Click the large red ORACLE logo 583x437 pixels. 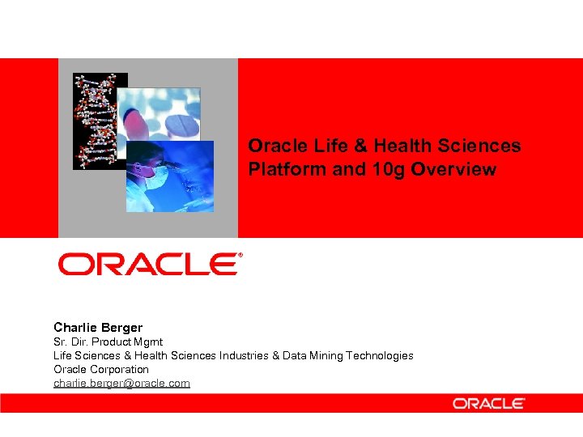(x=147, y=264)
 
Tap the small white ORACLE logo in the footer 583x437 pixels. (x=488, y=403)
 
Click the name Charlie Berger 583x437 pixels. (x=98, y=328)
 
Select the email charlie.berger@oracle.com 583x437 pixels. (x=121, y=383)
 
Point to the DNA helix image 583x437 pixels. (x=94, y=121)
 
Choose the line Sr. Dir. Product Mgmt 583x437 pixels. (x=108, y=342)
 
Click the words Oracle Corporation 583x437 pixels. (x=101, y=369)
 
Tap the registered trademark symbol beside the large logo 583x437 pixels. (x=240, y=255)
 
